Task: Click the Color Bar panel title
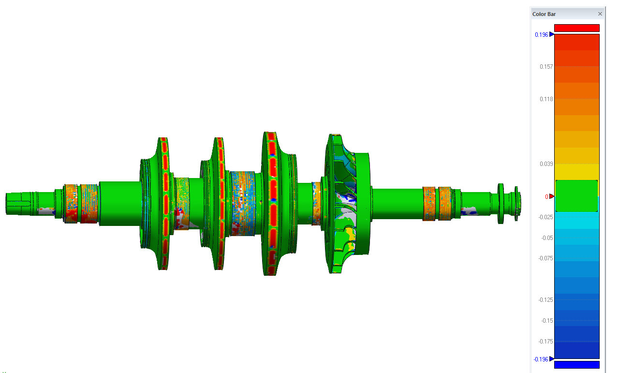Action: coord(544,14)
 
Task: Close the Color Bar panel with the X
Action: coord(600,14)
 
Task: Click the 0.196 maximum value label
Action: coord(541,35)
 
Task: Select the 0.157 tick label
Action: coord(546,66)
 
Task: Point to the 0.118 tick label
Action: coord(546,99)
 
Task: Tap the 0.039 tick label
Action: coord(546,164)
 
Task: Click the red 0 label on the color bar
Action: coord(546,197)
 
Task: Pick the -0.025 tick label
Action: coord(545,217)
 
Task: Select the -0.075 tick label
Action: coord(545,258)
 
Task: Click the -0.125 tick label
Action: coord(545,300)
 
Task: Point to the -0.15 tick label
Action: coord(546,321)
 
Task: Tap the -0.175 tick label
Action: coord(545,342)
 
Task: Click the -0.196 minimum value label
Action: coord(541,359)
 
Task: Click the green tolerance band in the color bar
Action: coord(576,195)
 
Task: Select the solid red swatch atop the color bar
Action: coord(576,28)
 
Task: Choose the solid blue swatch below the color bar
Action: coord(576,365)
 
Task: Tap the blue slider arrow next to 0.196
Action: coord(552,34)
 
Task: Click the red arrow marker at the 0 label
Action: coord(552,196)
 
